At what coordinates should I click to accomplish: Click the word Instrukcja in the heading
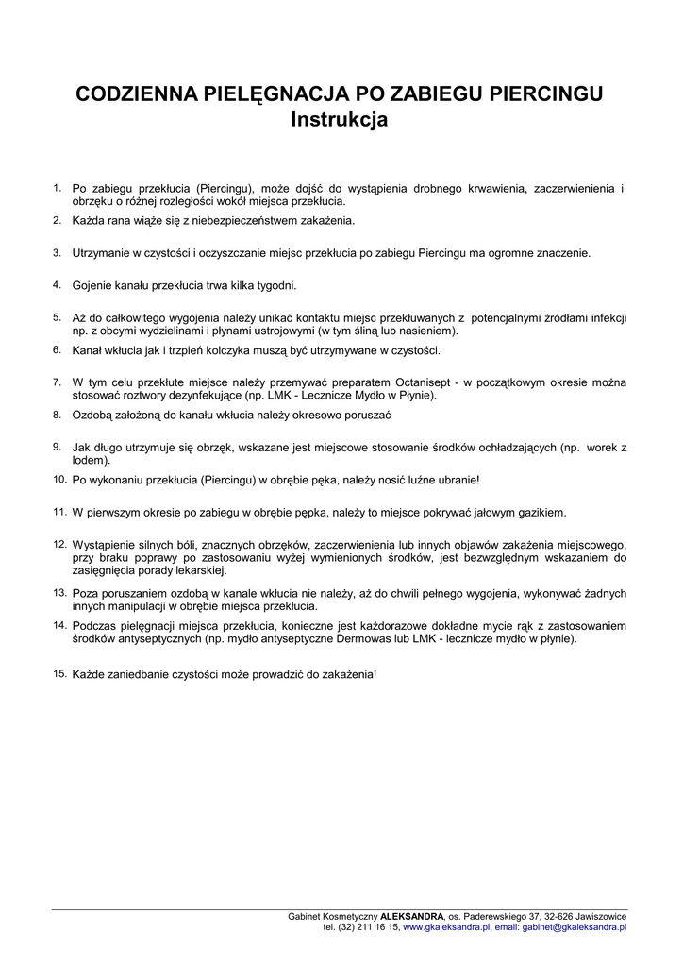340,121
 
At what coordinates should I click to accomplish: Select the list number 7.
57,382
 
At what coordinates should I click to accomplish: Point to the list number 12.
58,544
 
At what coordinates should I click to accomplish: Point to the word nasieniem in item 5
429,331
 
